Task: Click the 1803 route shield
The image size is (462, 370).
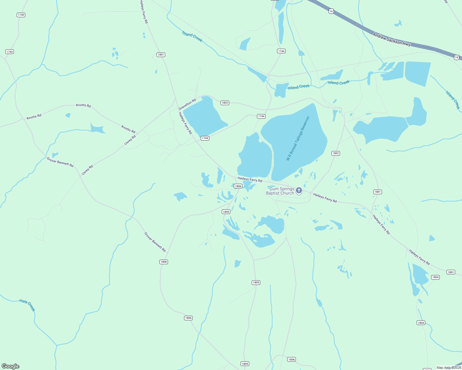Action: (x=225, y=103)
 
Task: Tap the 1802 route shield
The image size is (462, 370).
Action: (x=336, y=153)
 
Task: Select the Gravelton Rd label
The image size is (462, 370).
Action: (x=187, y=104)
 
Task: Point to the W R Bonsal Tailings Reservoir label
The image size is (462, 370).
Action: (x=298, y=138)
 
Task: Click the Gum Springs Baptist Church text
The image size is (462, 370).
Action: (x=280, y=191)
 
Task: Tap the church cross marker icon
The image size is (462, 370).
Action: (x=299, y=190)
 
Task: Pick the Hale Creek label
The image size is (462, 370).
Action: (x=27, y=305)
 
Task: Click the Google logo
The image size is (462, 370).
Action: (x=10, y=366)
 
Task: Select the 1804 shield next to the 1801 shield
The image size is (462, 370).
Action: (x=435, y=277)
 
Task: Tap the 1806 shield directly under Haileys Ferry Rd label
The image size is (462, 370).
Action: (x=238, y=186)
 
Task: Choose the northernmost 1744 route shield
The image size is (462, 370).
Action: (x=281, y=51)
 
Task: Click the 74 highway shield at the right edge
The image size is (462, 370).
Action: (x=456, y=57)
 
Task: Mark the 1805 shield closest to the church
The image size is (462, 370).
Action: (x=226, y=212)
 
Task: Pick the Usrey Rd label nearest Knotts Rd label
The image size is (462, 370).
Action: (x=130, y=140)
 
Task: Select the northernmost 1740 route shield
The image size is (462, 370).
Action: (x=21, y=15)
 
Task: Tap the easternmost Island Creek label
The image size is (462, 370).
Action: (x=453, y=100)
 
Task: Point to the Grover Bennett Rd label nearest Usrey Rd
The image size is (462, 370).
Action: (x=60, y=162)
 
